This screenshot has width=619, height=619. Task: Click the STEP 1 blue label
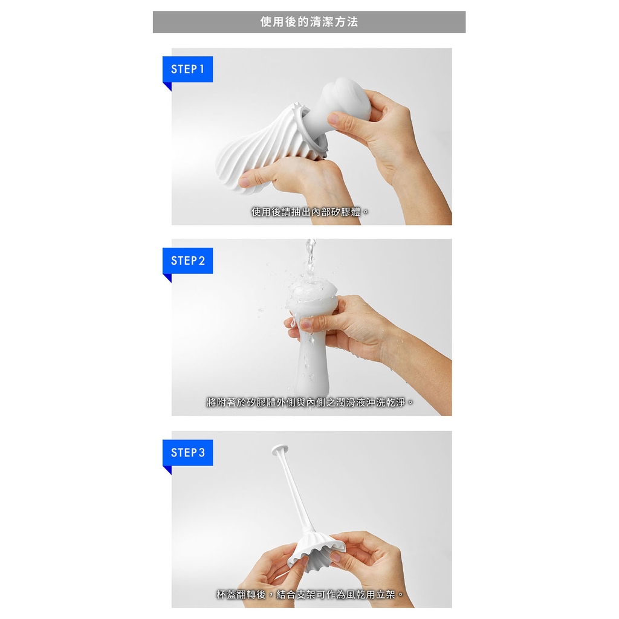point(187,69)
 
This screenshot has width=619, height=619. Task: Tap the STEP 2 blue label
point(187,261)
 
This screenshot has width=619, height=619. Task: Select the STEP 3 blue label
point(187,452)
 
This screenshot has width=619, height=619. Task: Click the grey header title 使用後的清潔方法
point(309,22)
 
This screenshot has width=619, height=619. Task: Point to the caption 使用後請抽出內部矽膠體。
point(310,212)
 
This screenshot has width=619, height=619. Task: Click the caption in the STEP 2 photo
point(310,402)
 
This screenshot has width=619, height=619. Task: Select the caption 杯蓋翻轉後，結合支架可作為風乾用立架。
point(310,594)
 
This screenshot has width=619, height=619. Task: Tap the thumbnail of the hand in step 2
point(305,325)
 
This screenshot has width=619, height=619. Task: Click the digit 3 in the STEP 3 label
point(202,452)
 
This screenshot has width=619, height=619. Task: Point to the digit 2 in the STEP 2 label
point(202,261)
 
